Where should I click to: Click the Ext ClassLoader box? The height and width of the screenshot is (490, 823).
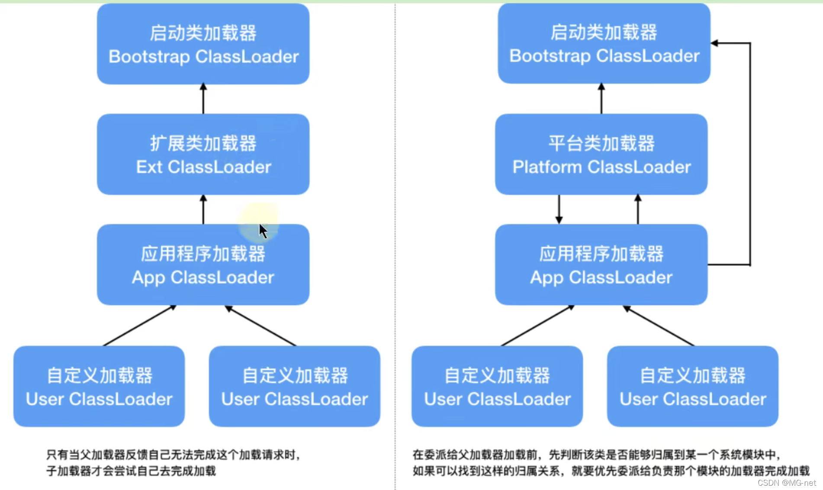click(x=203, y=154)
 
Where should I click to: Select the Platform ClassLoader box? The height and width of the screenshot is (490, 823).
click(x=601, y=154)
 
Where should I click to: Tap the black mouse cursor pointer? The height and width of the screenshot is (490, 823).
click(x=263, y=231)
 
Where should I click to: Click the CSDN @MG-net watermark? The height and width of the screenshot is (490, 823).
click(x=787, y=483)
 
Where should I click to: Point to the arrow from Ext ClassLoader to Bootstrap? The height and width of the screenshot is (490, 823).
click(x=203, y=99)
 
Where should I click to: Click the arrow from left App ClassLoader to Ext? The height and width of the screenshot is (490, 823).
click(x=203, y=210)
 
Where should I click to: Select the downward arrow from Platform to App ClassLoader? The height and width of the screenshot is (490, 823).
click(x=559, y=210)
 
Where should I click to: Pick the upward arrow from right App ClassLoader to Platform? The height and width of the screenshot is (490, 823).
click(x=638, y=210)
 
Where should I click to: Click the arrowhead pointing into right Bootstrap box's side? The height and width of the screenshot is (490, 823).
click(x=714, y=43)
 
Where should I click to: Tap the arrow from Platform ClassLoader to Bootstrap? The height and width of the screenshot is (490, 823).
click(x=601, y=99)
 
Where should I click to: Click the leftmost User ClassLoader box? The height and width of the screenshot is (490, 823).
click(x=99, y=386)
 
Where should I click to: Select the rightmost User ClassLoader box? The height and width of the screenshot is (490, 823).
click(x=693, y=386)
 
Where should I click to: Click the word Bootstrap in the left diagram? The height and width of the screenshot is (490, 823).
click(x=149, y=57)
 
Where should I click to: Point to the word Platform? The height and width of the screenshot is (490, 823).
click(x=547, y=167)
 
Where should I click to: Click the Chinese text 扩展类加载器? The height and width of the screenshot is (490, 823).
click(x=203, y=143)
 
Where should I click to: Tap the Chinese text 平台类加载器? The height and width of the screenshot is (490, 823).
click(x=601, y=143)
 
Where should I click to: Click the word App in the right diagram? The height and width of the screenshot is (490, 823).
click(x=547, y=278)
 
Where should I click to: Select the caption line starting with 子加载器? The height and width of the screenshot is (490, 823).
click(x=131, y=471)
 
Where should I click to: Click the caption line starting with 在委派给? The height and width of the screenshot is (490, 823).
click(x=597, y=455)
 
